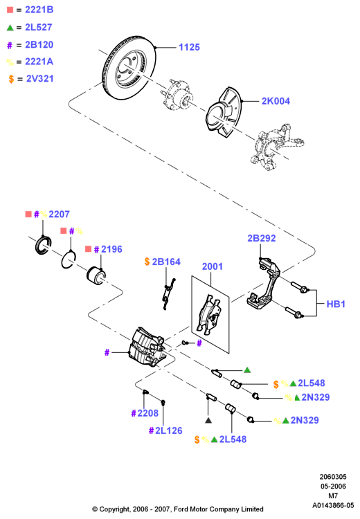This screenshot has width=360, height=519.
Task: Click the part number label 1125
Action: click(x=189, y=47)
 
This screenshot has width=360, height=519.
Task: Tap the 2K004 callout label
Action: click(x=276, y=101)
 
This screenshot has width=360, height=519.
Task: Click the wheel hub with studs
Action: click(x=177, y=95)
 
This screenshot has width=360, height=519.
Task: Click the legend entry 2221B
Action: click(x=39, y=10)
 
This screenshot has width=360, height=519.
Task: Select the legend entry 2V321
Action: click(x=39, y=79)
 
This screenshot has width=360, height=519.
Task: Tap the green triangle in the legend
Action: click(x=10, y=28)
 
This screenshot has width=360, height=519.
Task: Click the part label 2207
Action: click(x=59, y=214)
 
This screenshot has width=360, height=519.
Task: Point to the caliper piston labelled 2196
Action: click(x=96, y=275)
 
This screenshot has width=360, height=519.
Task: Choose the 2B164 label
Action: click(x=166, y=262)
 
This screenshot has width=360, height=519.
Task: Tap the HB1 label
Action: click(x=336, y=304)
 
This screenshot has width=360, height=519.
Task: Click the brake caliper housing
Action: click(x=147, y=347)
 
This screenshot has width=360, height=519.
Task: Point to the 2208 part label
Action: click(x=147, y=413)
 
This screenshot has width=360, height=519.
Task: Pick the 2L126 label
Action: click(x=168, y=430)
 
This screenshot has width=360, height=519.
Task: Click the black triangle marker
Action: click(x=208, y=420)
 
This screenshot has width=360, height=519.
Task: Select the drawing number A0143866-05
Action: click(x=333, y=505)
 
